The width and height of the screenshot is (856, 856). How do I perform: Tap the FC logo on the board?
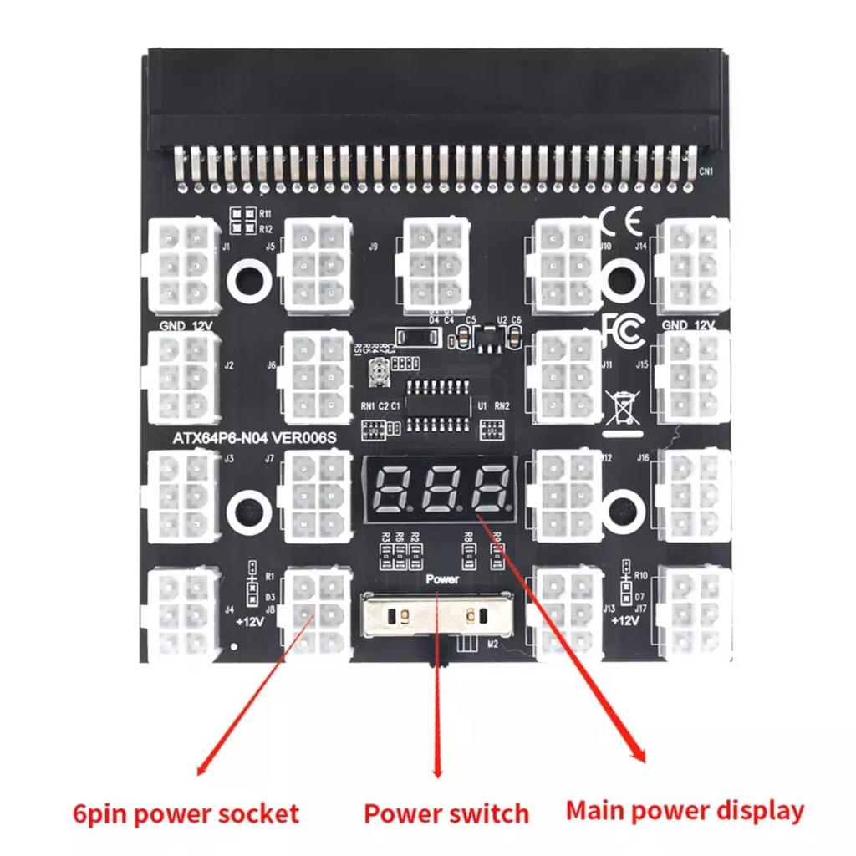(x=622, y=330)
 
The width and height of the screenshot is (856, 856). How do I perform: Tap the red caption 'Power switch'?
(x=446, y=813)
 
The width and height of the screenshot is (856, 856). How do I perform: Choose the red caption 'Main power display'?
(x=685, y=810)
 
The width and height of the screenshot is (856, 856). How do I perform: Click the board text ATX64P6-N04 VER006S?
(x=253, y=437)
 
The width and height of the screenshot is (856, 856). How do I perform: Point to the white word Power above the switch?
(x=442, y=578)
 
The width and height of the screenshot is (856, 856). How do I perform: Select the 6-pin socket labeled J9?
(x=435, y=262)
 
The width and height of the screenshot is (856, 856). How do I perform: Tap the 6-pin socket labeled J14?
(x=693, y=262)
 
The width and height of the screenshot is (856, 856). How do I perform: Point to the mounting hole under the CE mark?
(x=621, y=275)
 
